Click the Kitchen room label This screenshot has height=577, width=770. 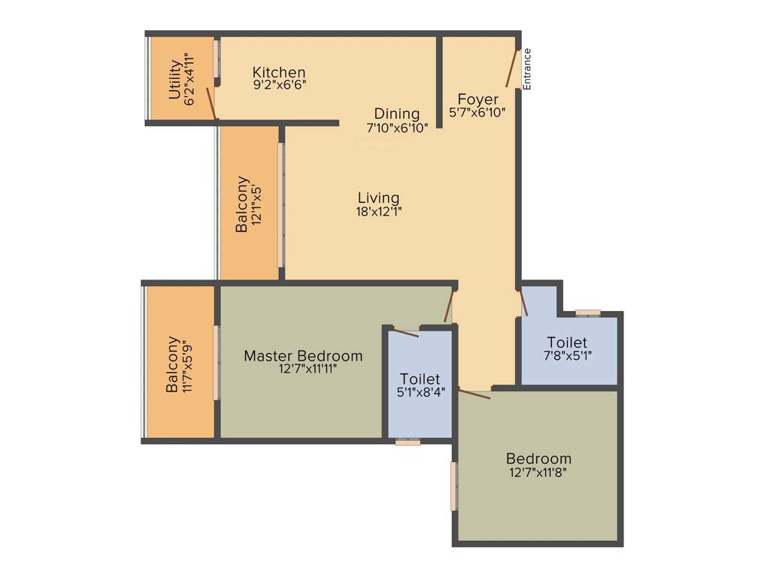tap(279, 72)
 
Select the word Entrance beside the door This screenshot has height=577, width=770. tap(527, 69)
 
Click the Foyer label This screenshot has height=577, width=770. tap(477, 99)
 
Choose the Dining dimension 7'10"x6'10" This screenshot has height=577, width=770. tap(397, 128)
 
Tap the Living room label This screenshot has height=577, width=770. tap(378, 198)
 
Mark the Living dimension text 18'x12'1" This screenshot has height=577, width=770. tap(379, 211)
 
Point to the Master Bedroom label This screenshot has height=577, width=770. tap(303, 355)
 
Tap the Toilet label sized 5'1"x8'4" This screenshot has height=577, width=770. tap(420, 379)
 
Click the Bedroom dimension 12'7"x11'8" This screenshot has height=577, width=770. tap(538, 473)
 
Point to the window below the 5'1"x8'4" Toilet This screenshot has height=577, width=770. tap(408, 443)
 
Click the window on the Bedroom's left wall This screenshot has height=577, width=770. tap(453, 486)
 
